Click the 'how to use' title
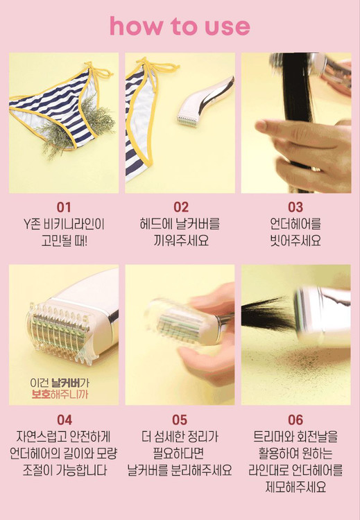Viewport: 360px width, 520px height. tap(180, 26)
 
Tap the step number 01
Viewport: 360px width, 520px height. tap(64, 207)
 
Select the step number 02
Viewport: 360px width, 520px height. tap(181, 207)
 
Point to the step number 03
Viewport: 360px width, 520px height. tap(295, 207)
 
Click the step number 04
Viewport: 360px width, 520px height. tap(65, 420)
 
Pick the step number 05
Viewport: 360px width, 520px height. tap(180, 420)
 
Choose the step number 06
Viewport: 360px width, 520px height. tap(295, 420)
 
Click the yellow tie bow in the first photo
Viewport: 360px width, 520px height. tap(98, 71)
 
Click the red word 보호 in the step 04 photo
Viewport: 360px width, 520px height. tap(41, 395)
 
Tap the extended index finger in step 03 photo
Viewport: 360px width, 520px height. tap(282, 130)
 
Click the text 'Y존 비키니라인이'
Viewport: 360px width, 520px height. tap(64, 225)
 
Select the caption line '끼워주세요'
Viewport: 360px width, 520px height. tap(181, 241)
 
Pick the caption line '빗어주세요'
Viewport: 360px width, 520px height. tap(295, 241)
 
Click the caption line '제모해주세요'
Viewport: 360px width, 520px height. tap(295, 487)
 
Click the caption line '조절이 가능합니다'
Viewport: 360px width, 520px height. tap(65, 470)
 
